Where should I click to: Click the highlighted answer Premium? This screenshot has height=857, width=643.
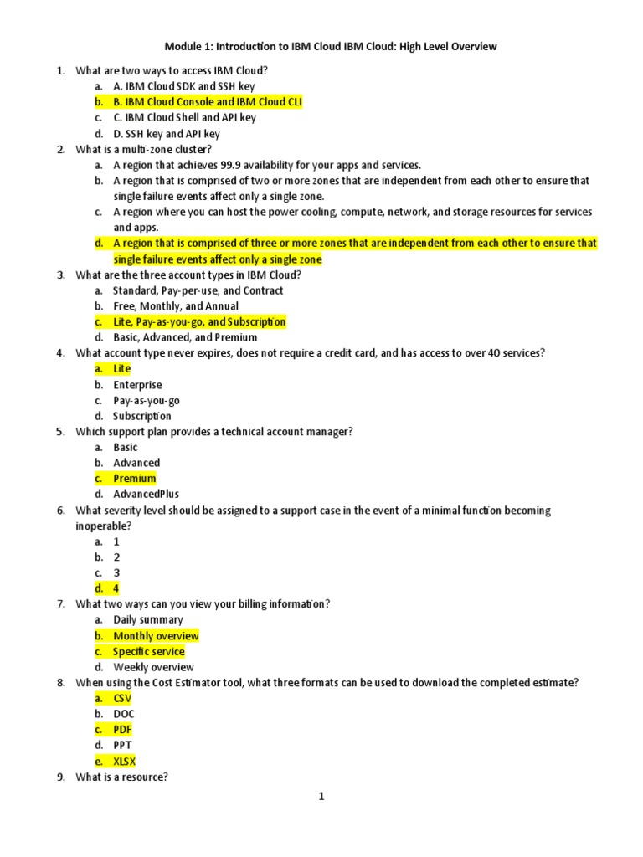pyautogui.click(x=134, y=479)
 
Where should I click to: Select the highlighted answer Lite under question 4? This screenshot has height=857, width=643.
pyautogui.click(x=122, y=369)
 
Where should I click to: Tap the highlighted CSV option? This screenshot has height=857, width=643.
pyautogui.click(x=123, y=699)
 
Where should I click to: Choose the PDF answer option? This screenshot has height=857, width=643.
pyautogui.click(x=123, y=730)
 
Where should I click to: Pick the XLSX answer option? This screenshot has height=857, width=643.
pyautogui.click(x=125, y=762)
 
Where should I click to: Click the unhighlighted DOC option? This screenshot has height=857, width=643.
pyautogui.click(x=125, y=714)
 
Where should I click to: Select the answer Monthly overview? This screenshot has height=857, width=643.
pyautogui.click(x=156, y=636)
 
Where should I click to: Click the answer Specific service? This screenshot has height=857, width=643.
pyautogui.click(x=149, y=652)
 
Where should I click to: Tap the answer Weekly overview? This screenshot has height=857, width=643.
pyautogui.click(x=153, y=667)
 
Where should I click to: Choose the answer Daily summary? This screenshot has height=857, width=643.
pyautogui.click(x=148, y=620)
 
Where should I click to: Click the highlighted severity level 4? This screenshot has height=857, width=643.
pyautogui.click(x=116, y=588)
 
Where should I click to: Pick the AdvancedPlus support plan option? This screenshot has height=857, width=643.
pyautogui.click(x=146, y=494)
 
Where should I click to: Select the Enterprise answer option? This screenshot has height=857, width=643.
pyautogui.click(x=138, y=385)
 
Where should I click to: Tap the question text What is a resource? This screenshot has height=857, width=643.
pyautogui.click(x=121, y=777)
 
